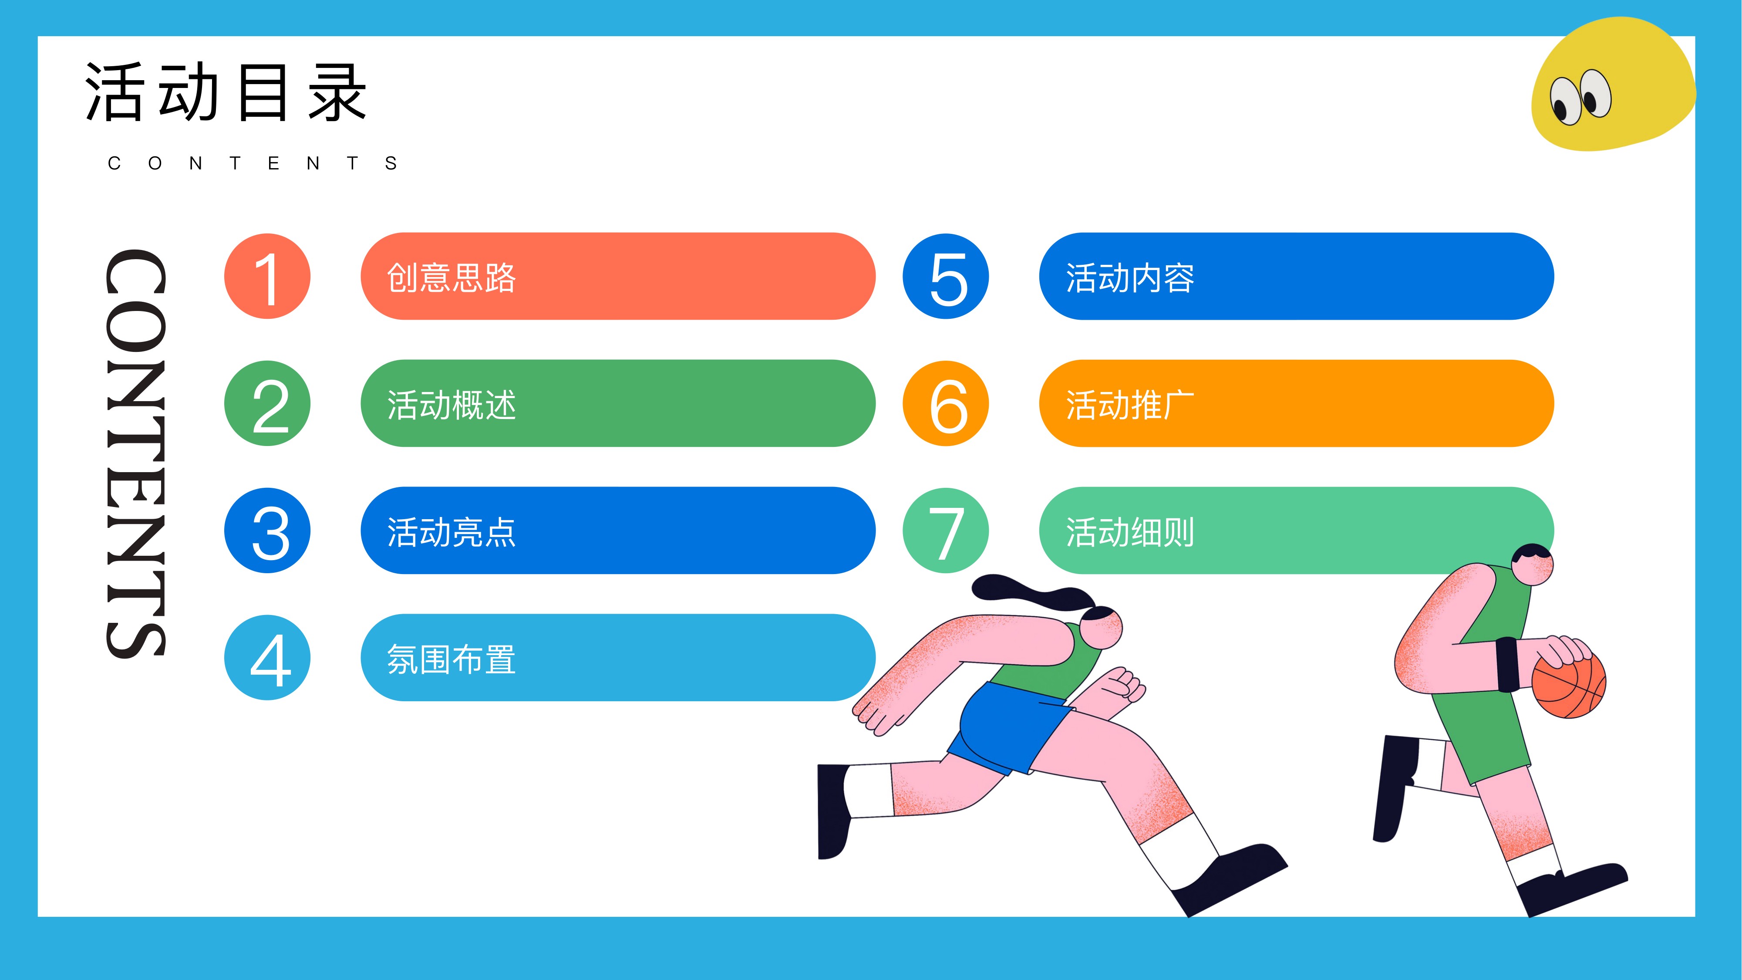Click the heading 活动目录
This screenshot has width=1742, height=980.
click(226, 93)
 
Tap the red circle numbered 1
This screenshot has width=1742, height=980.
click(267, 276)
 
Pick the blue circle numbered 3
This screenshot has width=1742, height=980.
click(267, 530)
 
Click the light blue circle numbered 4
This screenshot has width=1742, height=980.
click(267, 657)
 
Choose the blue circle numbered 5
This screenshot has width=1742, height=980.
click(945, 276)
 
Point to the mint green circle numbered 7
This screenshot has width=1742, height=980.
click(945, 530)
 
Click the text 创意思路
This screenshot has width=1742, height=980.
click(451, 278)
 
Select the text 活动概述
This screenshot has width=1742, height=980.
click(451, 405)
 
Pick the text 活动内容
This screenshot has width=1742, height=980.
click(1130, 278)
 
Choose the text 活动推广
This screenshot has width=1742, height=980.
click(1130, 405)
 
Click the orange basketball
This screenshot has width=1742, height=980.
click(1569, 684)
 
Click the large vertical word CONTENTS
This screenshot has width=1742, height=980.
click(135, 453)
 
